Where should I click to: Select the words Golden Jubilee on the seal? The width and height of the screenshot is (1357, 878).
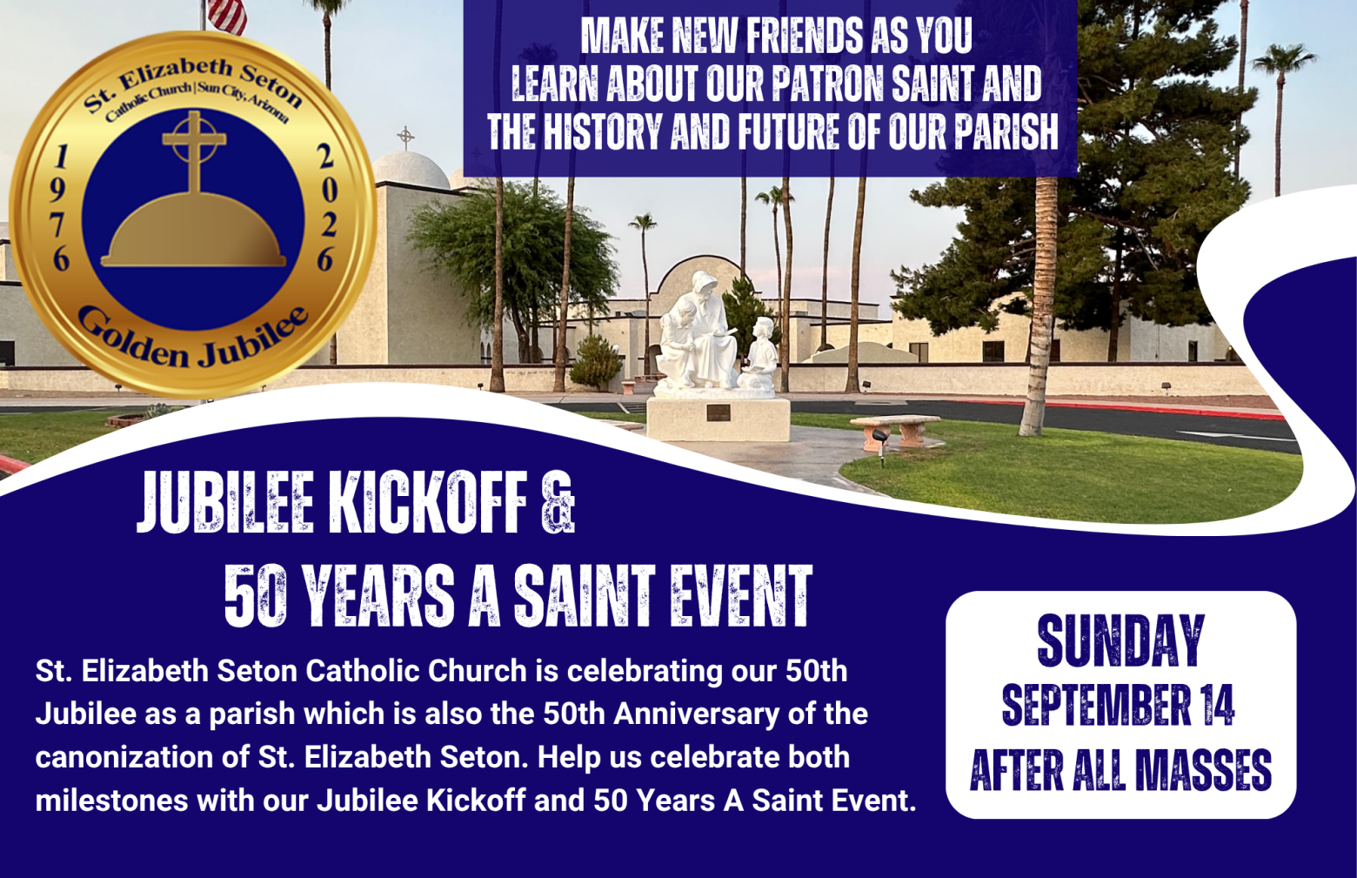193,338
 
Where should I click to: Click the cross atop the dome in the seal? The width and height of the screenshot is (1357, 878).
194,152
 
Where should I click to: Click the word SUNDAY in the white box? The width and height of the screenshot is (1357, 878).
1120,641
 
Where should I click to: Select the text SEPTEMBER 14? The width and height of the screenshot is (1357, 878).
1119,707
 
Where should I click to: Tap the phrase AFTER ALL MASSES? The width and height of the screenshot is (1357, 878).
1120,770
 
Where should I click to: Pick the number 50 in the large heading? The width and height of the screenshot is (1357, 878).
255,597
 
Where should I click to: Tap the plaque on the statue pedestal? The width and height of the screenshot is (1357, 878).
718,412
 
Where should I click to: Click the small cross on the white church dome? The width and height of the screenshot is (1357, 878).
406,138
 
